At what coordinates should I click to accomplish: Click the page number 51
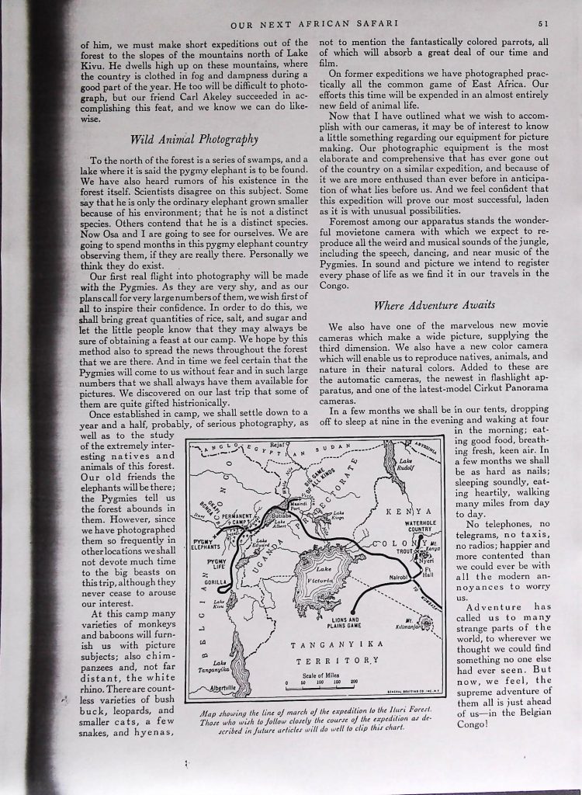pyautogui.click(x=544, y=24)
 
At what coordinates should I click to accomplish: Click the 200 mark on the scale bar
pyautogui.click(x=352, y=682)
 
